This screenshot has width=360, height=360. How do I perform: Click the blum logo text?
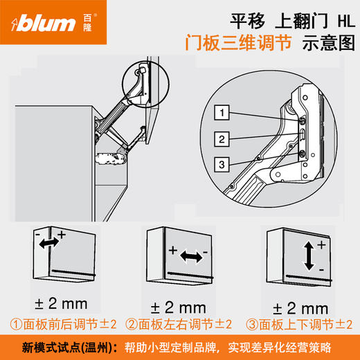(x=45, y=25)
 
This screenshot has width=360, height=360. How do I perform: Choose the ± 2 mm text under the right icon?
(x=299, y=307)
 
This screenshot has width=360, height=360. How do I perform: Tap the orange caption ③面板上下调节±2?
(x=299, y=324)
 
